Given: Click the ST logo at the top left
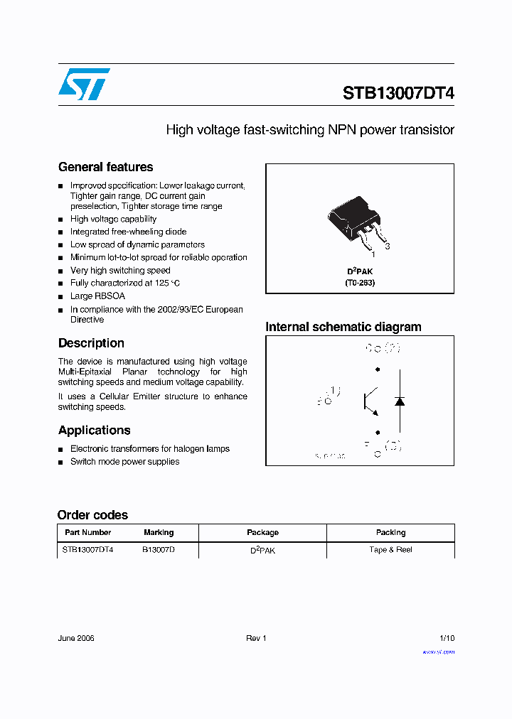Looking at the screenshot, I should [x=84, y=84].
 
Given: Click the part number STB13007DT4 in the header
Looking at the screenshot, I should [x=398, y=94].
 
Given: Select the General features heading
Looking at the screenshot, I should [x=105, y=168].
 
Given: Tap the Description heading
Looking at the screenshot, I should [x=91, y=343].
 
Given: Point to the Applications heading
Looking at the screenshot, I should [x=94, y=431].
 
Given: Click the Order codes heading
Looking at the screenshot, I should [x=92, y=515].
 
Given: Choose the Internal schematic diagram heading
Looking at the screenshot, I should [x=343, y=327].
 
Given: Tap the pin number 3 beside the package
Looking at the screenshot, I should [x=387, y=247].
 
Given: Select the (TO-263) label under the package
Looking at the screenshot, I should [x=360, y=283].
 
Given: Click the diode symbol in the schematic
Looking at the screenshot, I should [x=399, y=401].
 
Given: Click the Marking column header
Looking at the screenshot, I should [x=159, y=533].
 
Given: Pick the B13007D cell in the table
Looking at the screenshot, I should [x=159, y=550].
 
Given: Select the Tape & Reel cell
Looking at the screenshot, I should [x=390, y=550].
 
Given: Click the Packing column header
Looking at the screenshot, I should [x=390, y=533].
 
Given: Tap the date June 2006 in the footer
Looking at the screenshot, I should [x=76, y=638].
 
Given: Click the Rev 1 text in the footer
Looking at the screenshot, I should [x=256, y=638].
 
